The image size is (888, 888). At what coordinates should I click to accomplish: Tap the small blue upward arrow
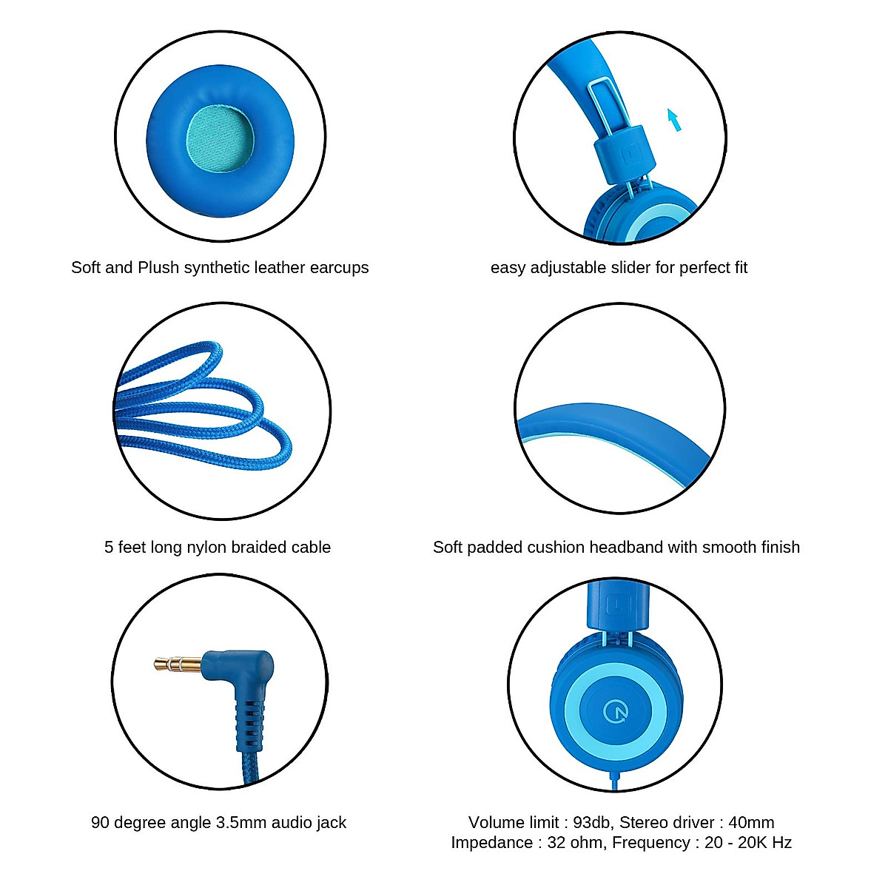pyautogui.click(x=673, y=120)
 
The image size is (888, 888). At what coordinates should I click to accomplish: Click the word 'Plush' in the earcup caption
pyautogui.click(x=158, y=268)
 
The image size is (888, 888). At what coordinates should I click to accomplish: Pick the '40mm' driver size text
pyautogui.click(x=751, y=823)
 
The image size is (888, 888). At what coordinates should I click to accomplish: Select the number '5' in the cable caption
pyautogui.click(x=109, y=548)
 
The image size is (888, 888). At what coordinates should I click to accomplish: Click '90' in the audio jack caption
pyautogui.click(x=100, y=823)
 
